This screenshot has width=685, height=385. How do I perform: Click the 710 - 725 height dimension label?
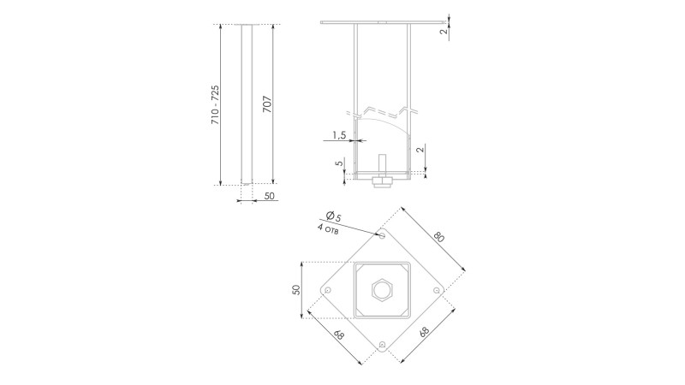click(x=216, y=105)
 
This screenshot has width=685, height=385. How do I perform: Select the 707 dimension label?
click(x=267, y=104)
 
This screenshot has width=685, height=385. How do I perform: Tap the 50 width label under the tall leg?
click(x=270, y=196)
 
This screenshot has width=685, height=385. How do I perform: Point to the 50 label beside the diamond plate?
click(x=295, y=290)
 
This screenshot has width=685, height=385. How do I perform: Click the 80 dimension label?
click(x=438, y=237)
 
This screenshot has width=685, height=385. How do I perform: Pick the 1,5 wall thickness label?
click(x=339, y=135)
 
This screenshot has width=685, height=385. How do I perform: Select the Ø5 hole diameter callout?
click(x=334, y=216)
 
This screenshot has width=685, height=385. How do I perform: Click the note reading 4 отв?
click(x=328, y=229)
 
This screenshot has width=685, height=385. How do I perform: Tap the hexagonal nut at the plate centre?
click(x=383, y=289)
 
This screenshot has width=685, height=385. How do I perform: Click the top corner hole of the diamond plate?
click(x=382, y=236)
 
